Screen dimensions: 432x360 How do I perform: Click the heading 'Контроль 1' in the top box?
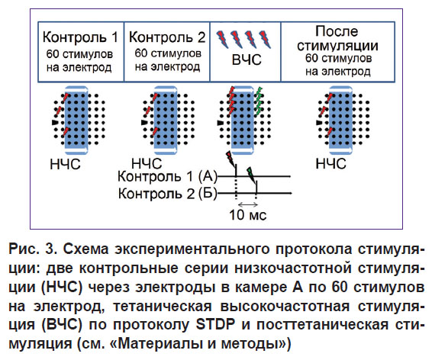pos(80,37)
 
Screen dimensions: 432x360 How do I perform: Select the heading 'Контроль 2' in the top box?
pos(167,37)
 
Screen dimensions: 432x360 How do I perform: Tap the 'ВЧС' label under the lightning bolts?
pos(247,59)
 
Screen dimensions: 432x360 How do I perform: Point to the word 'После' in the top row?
pos(337,31)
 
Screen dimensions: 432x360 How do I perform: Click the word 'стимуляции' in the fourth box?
pos(337,46)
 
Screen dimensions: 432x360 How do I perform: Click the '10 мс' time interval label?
pos(248,215)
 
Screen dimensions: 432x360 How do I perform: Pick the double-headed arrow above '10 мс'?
pos(248,204)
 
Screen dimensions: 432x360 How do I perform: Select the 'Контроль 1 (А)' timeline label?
pos(167,176)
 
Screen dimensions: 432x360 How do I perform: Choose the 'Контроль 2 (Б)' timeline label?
pos(167,194)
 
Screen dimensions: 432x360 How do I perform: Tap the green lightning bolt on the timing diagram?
pos(251,174)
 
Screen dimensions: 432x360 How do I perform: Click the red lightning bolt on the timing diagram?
pos(231,159)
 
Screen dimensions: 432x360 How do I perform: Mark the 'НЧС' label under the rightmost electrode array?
pos(330,164)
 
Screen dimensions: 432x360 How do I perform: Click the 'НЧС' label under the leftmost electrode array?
pos(65,164)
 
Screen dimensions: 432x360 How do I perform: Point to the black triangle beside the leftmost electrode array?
pos(55,122)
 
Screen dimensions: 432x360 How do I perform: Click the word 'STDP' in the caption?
pos(215,324)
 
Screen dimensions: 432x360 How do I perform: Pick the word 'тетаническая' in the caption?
pos(163,307)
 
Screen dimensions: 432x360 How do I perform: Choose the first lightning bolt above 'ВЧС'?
pos(222,38)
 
